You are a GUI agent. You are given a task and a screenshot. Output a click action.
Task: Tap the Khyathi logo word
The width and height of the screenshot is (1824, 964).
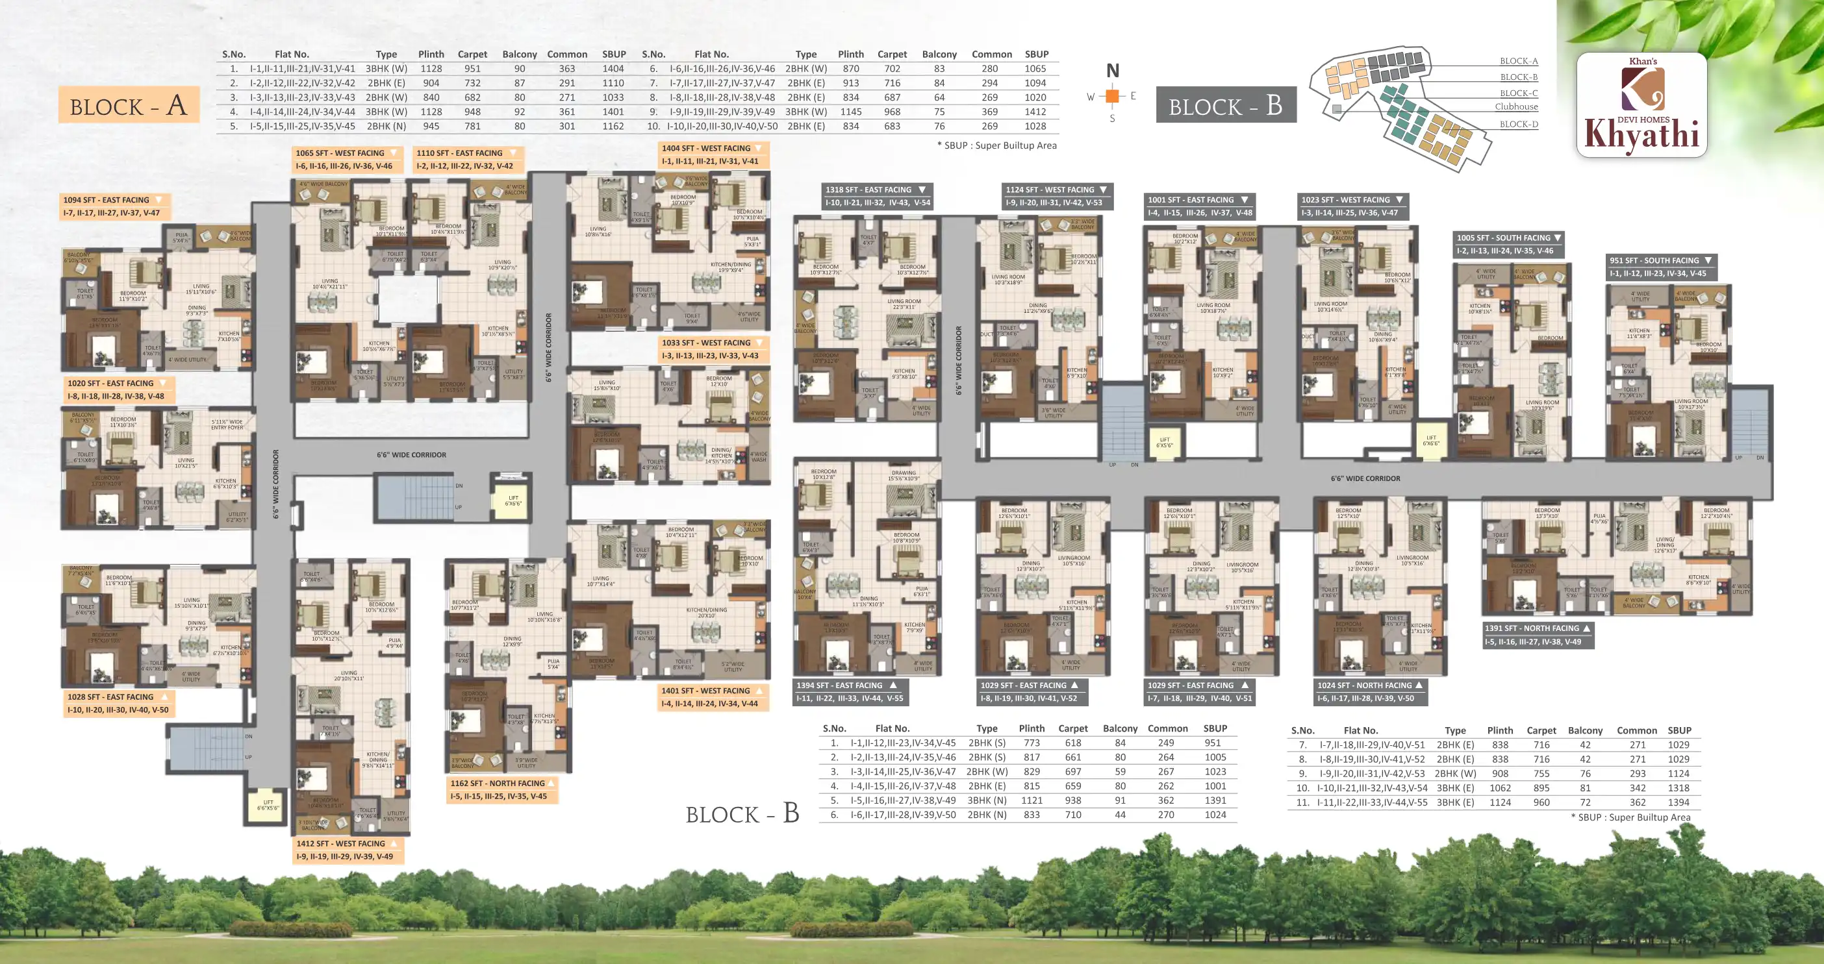click(1641, 135)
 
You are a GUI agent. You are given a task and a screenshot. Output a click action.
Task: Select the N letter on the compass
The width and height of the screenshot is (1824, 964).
click(1112, 71)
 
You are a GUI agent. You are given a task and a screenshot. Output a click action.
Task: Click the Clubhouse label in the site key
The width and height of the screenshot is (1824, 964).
click(1516, 107)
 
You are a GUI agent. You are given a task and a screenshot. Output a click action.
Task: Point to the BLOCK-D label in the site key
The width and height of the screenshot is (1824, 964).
click(1518, 124)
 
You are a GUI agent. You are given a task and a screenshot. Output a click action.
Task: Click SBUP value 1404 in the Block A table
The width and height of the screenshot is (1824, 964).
click(613, 69)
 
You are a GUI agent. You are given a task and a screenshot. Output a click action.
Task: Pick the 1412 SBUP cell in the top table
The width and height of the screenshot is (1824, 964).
click(1035, 112)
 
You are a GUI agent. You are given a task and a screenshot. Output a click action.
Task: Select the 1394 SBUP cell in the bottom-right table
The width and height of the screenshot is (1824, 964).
click(1678, 802)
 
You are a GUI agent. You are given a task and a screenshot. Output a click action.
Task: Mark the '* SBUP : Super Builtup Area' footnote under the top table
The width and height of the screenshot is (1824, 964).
click(996, 145)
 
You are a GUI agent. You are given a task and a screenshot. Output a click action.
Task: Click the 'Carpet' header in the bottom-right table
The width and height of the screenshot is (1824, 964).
click(1541, 730)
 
